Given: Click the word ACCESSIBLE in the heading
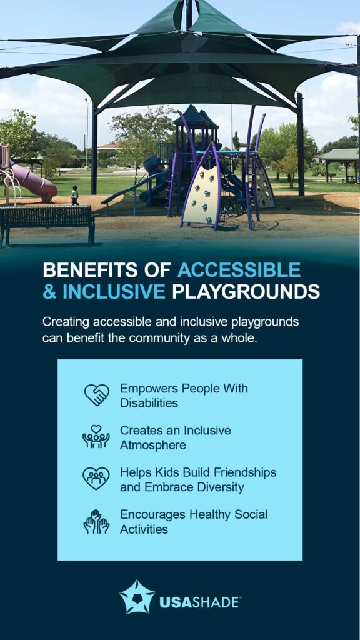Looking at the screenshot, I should [x=239, y=271].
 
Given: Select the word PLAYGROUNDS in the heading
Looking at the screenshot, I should [x=246, y=292].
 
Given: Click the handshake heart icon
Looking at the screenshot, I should [x=96, y=395].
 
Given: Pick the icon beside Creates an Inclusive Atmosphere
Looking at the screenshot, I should [x=96, y=437].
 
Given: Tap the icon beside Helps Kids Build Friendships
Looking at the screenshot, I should [x=96, y=479].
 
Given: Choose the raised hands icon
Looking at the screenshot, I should [x=96, y=521].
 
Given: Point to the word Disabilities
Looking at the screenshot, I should [x=149, y=403].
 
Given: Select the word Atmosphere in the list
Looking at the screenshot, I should [x=153, y=446].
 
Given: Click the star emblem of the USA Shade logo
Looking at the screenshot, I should [x=137, y=597].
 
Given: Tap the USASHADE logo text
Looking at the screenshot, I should [x=199, y=603].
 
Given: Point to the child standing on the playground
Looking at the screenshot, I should [x=74, y=195].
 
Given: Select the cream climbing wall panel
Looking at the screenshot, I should [x=201, y=193].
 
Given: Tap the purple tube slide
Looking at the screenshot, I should [x=32, y=182].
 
